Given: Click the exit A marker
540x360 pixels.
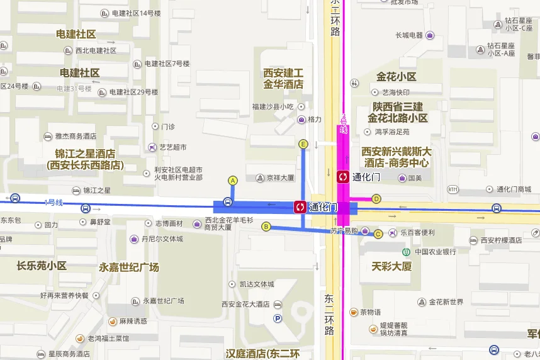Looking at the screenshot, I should coord(232,181).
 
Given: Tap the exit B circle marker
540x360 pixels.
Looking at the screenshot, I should coord(266,227).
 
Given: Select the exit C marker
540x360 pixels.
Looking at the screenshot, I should coord(378,234).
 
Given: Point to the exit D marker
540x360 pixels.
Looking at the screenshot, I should coord(376,199).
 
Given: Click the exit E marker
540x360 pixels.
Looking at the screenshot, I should coord(303,144).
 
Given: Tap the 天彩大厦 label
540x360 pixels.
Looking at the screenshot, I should coord(391,266).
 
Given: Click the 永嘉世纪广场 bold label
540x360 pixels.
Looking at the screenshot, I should coord(129,267).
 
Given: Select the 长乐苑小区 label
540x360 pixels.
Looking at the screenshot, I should coord(42,266).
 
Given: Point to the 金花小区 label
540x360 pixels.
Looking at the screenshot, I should coord(397,77).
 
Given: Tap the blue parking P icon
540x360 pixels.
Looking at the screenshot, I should coord(278,319).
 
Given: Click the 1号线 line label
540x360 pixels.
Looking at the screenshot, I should coord(54,202).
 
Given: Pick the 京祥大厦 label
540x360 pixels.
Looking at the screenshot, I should coord(280,178).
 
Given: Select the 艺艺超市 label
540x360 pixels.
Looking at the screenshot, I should coord(173,147).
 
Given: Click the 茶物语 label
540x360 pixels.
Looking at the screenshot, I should coord(369,312).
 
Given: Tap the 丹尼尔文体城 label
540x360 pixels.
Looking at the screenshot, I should coord(162,239).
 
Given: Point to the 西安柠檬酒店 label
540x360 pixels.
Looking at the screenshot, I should coord(501,240).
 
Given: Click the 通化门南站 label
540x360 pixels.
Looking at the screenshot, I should coord(514,189).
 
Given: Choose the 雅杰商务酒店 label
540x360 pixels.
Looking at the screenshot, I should coord(76,136).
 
